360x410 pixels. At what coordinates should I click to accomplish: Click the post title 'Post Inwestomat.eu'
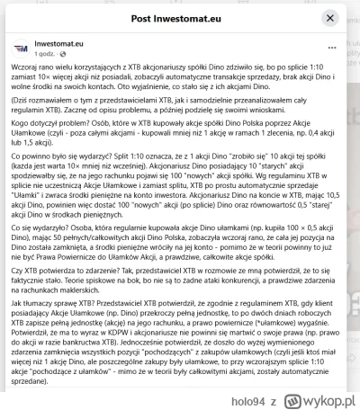(x=179, y=14)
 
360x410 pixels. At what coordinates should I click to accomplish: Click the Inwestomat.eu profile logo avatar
(x=20, y=46)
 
